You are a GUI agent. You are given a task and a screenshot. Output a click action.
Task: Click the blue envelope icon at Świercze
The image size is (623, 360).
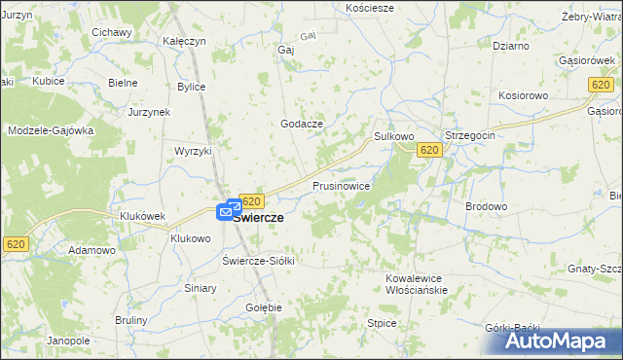(x=232, y=208)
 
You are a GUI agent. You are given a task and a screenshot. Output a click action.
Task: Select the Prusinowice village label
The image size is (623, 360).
(x=341, y=185)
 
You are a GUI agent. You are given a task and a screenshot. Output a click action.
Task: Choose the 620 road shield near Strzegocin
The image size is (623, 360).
(x=429, y=150)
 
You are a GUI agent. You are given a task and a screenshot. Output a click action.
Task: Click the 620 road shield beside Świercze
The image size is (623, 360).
(x=251, y=200)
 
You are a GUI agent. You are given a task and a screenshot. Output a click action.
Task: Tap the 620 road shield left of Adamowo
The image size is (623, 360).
(x=15, y=245)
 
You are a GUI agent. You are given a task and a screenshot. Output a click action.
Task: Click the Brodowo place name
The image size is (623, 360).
(x=487, y=206)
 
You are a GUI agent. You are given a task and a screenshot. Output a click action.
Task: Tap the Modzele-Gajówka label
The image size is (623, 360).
(x=51, y=130)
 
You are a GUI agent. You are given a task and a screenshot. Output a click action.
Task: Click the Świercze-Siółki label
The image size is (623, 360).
(x=258, y=261)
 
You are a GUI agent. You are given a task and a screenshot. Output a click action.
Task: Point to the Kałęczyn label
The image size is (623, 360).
(x=184, y=42)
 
